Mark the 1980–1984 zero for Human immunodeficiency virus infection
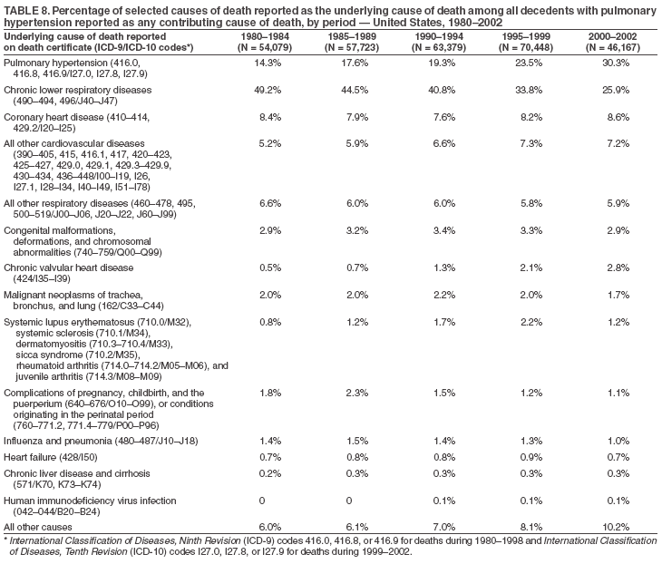click(x=262, y=500)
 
